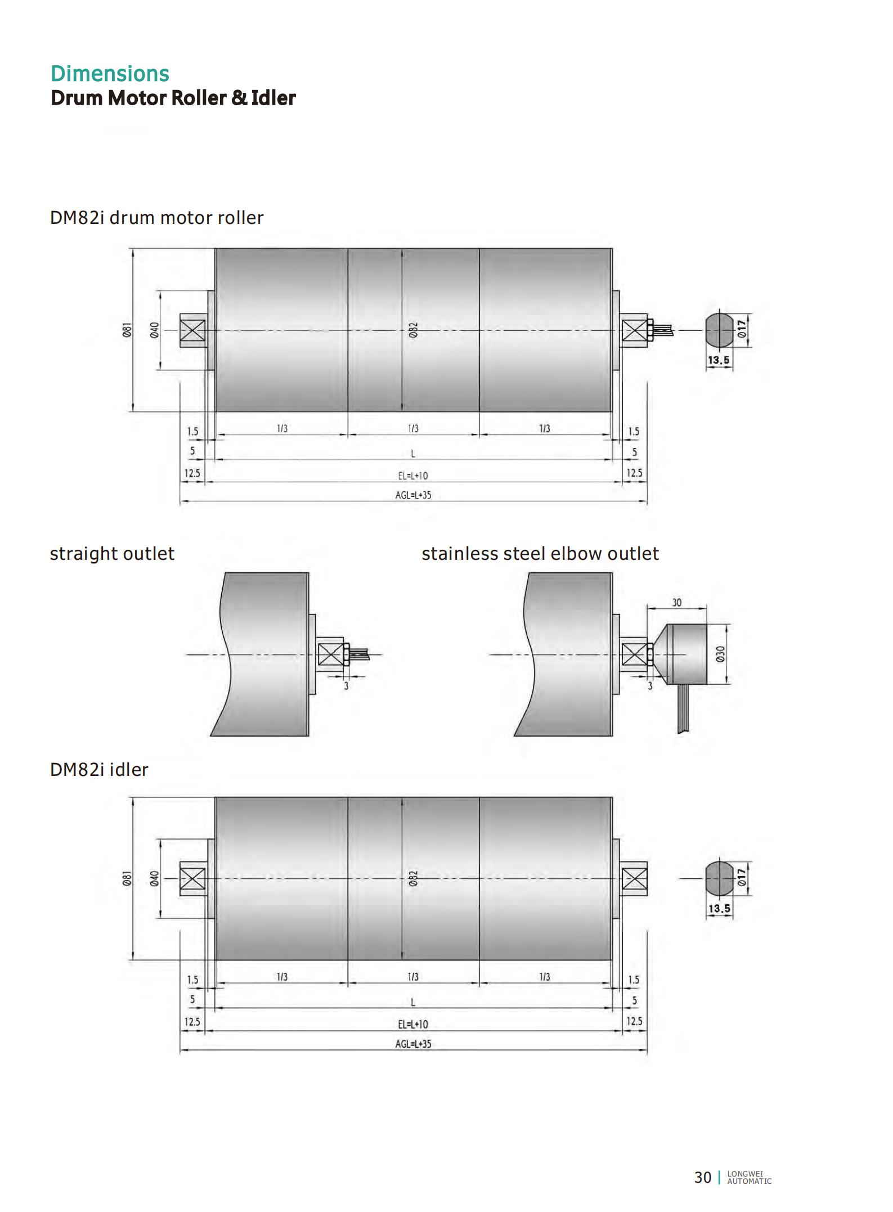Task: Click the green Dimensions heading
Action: tap(110, 74)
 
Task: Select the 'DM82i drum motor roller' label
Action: tap(156, 218)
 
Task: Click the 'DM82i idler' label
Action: tap(99, 769)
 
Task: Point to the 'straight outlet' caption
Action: tap(112, 554)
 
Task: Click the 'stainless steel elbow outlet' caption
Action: tap(540, 554)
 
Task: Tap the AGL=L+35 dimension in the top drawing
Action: tap(413, 495)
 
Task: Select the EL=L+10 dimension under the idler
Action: tap(413, 1024)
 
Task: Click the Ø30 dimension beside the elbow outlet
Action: tap(721, 654)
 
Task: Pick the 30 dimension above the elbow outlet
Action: tap(676, 603)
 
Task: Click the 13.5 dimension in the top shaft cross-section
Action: tap(719, 360)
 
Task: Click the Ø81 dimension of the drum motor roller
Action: tap(127, 330)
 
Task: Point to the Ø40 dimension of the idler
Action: tap(154, 879)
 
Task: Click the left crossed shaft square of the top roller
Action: tap(192, 330)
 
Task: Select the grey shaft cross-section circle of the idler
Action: tap(719, 878)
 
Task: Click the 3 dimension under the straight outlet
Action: tap(346, 686)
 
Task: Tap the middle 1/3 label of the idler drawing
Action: tap(413, 977)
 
